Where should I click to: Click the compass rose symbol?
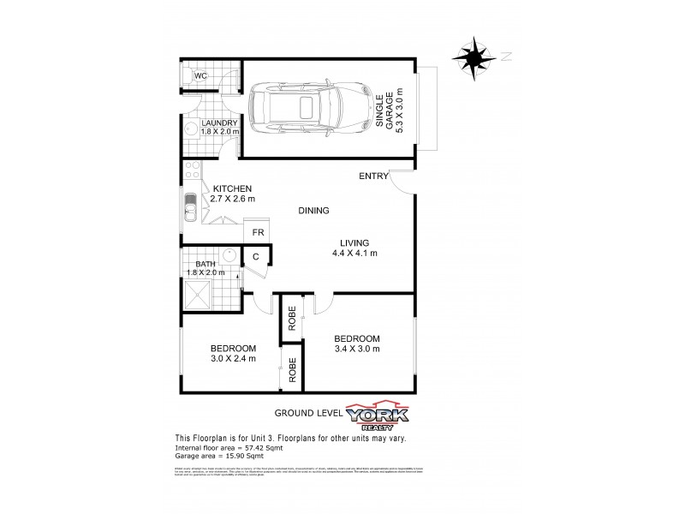pyautogui.click(x=474, y=57)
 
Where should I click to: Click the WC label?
pyautogui.click(x=200, y=76)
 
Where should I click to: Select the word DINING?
pyautogui.click(x=313, y=211)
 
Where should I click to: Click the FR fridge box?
pyautogui.click(x=258, y=232)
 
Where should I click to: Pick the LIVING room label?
pyautogui.click(x=354, y=242)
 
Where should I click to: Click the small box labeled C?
pyautogui.click(x=256, y=256)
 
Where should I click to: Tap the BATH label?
pyautogui.click(x=205, y=264)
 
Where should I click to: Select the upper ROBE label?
pyautogui.click(x=292, y=319)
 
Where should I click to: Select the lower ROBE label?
pyautogui.click(x=292, y=370)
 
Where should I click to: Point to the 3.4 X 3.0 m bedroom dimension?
pyautogui.click(x=356, y=349)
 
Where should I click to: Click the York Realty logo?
pyautogui.click(x=377, y=415)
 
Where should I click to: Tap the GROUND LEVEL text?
pyautogui.click(x=307, y=413)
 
